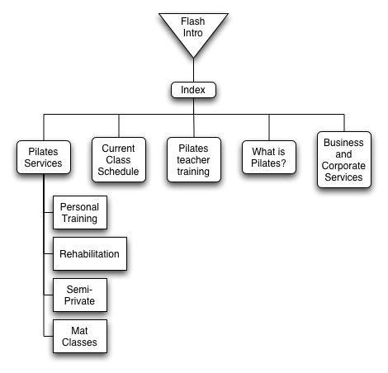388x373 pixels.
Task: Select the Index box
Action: (x=193, y=90)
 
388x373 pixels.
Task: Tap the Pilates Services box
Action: (x=44, y=158)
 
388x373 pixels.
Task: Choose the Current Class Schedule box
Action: (x=119, y=160)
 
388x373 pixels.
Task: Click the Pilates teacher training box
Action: (x=194, y=160)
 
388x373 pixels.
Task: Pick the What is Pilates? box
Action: (x=269, y=158)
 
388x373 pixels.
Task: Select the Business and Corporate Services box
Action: (x=344, y=160)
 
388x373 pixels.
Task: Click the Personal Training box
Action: (x=80, y=212)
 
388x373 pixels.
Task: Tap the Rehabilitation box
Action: (x=90, y=253)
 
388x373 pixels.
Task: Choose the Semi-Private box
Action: (x=80, y=295)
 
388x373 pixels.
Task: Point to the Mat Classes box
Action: (x=80, y=336)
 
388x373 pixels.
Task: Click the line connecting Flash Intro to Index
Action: (x=193, y=70)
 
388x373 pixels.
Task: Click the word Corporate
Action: (x=343, y=166)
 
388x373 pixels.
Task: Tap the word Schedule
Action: (x=118, y=172)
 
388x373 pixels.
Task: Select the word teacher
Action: (x=193, y=160)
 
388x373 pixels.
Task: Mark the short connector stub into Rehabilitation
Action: (x=49, y=253)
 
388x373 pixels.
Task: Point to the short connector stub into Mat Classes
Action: (x=49, y=336)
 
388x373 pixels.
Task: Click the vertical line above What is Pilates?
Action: (x=269, y=127)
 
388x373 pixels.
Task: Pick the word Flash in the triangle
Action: (x=192, y=21)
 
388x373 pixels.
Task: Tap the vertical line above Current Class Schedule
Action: (x=119, y=125)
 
